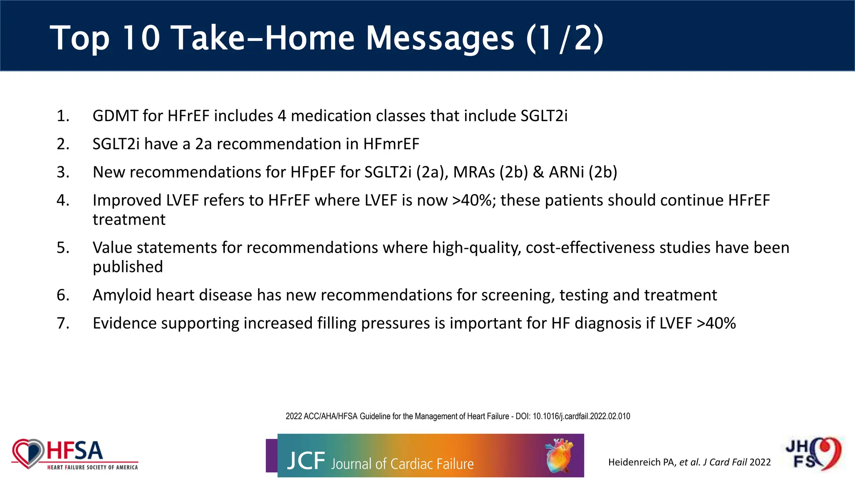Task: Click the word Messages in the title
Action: pos(440,38)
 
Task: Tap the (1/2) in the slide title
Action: pos(564,38)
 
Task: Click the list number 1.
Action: pos(63,116)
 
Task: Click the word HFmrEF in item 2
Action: pos(391,144)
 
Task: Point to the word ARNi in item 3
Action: pos(567,172)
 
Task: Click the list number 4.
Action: pos(63,200)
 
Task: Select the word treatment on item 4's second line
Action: pos(129,220)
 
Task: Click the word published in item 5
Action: pos(128,267)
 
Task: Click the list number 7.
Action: pos(63,323)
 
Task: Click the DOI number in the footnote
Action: pos(581,416)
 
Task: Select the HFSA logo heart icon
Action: pos(28,453)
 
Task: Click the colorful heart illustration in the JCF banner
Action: pos(559,455)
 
